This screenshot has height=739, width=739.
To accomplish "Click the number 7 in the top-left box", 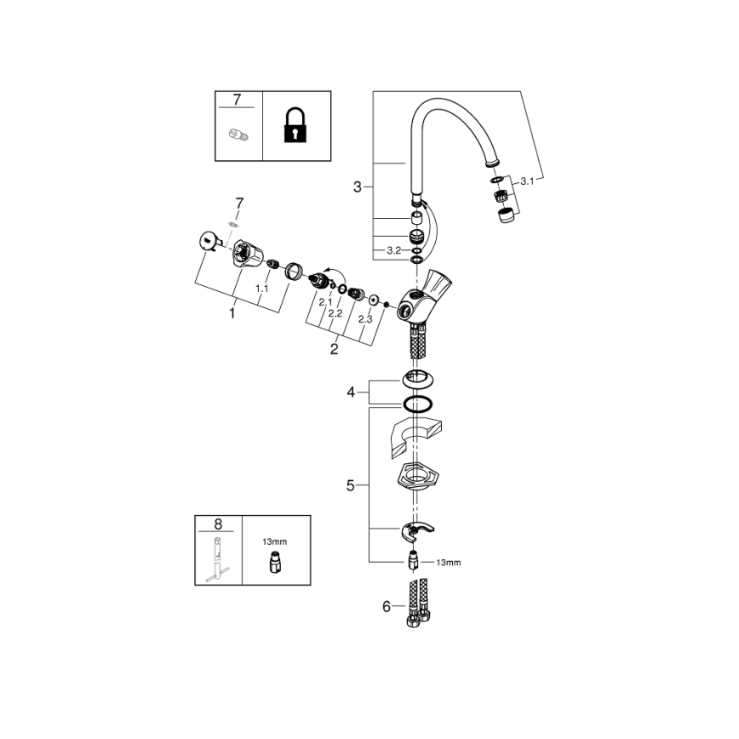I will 237,100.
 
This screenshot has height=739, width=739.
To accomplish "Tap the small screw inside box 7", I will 238,133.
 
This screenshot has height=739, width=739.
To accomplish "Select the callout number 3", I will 358,186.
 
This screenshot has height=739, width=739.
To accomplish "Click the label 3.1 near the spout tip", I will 527,180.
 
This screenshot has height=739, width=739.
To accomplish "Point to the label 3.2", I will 393,249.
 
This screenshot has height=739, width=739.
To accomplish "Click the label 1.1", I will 262,289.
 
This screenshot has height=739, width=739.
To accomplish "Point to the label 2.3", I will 365,318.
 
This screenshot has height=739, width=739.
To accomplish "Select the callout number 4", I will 350,392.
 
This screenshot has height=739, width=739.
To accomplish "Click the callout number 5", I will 350,486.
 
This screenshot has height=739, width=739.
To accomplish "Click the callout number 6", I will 386,606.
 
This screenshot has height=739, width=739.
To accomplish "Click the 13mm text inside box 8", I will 274,541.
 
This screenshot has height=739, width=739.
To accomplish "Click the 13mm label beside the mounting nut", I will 448,562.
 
